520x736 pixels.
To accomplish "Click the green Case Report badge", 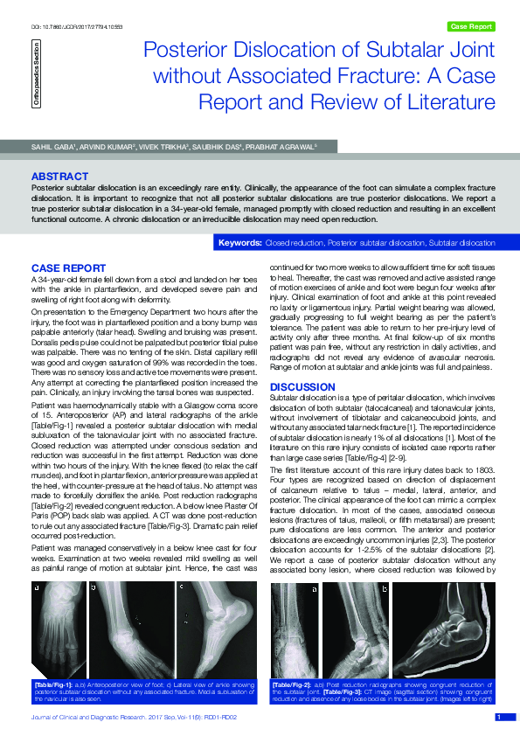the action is [x=470, y=27].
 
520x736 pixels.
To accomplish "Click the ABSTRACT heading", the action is [x=59, y=177].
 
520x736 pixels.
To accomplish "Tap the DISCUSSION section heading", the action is [x=300, y=386].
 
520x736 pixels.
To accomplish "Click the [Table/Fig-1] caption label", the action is [x=52, y=682].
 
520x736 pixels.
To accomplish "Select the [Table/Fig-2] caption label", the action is [x=291, y=682].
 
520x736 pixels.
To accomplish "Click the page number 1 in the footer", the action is [x=499, y=717].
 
